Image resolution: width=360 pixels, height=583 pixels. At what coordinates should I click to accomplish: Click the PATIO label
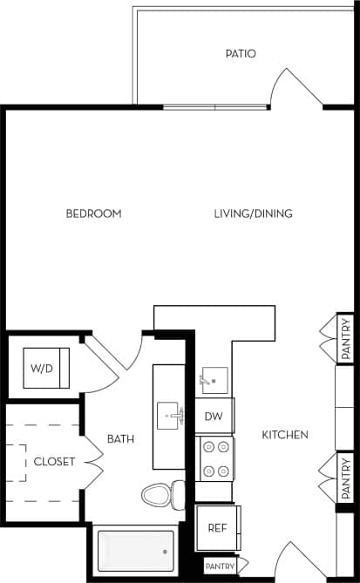(x=240, y=54)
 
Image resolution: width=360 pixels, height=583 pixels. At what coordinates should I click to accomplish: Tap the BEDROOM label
(x=93, y=214)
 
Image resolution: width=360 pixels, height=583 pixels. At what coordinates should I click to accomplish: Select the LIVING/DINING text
(x=253, y=214)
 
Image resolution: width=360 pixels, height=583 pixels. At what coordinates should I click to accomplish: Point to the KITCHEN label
(x=284, y=434)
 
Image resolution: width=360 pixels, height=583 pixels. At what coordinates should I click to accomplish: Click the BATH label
(x=120, y=439)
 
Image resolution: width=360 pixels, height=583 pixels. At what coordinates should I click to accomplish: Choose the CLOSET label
(x=54, y=461)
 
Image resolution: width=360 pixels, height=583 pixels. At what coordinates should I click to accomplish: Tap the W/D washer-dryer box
(x=42, y=368)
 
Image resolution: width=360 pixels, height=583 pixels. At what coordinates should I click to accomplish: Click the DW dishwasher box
(x=214, y=417)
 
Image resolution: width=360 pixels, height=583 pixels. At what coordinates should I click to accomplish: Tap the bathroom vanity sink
(x=171, y=416)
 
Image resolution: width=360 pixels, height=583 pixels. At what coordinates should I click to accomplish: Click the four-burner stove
(x=214, y=458)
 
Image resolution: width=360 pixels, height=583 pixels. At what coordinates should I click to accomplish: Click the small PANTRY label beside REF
(x=220, y=566)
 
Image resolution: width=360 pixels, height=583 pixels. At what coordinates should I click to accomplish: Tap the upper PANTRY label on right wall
(x=346, y=338)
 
